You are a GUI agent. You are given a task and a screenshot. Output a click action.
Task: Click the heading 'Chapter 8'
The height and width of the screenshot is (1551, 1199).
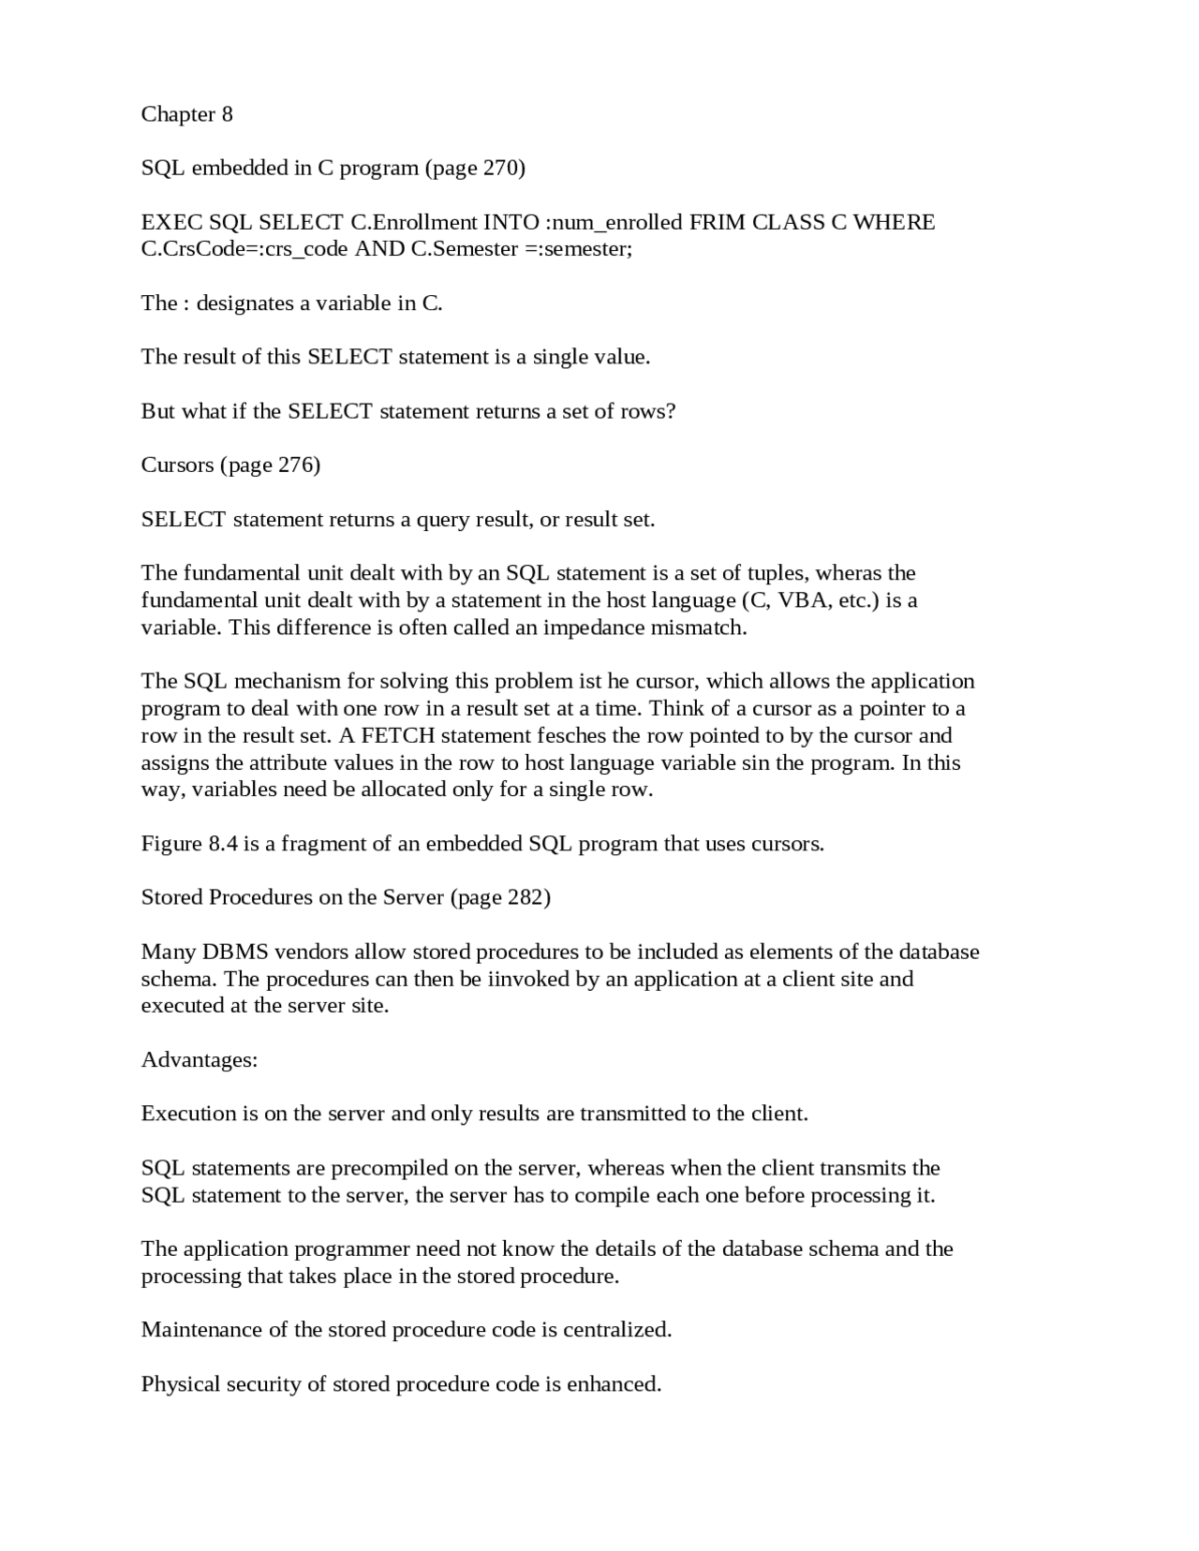coord(186,114)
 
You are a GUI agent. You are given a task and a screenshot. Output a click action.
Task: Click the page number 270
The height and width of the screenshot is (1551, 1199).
coord(501,169)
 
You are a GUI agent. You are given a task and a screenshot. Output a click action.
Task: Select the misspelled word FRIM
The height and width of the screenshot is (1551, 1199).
coord(717,223)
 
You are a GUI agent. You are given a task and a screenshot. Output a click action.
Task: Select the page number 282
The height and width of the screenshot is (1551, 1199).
coord(525,898)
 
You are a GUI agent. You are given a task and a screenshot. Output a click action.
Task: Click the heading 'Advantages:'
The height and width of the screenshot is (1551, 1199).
coord(199,1060)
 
